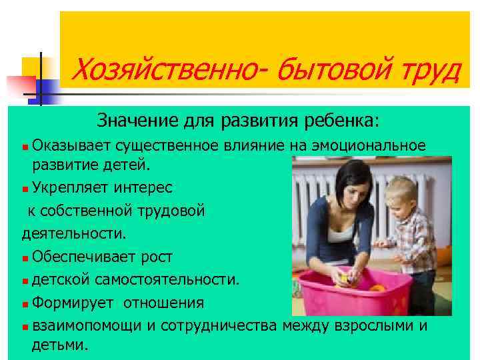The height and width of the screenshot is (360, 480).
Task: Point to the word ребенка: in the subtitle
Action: tap(338, 121)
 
